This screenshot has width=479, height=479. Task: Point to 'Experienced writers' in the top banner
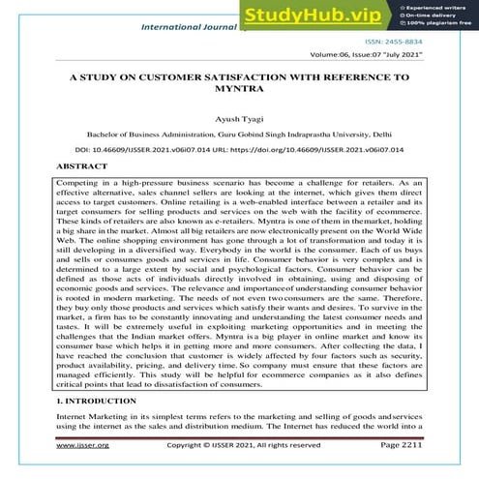pos(439,6)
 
